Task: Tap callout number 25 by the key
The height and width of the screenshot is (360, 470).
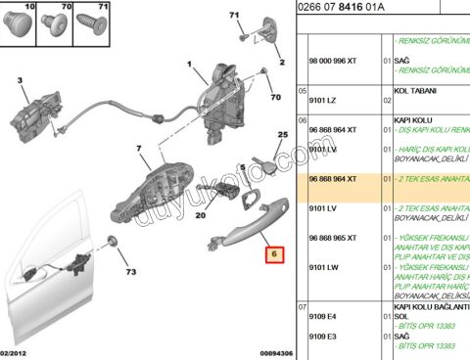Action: [x=282, y=135]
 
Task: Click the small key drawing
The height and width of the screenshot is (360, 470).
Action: [x=261, y=156]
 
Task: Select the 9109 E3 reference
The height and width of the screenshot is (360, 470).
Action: [x=325, y=336]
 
